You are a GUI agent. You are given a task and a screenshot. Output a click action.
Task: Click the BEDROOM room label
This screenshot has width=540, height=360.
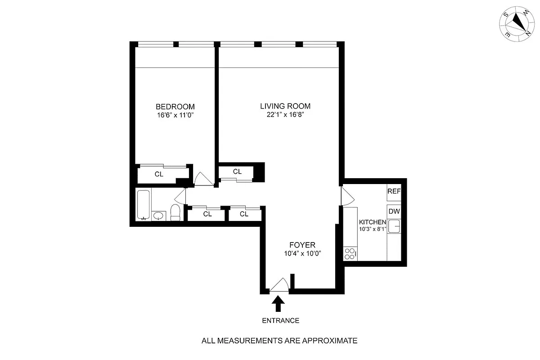[x=175, y=107]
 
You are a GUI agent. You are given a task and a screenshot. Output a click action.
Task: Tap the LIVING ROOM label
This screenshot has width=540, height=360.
[x=285, y=106]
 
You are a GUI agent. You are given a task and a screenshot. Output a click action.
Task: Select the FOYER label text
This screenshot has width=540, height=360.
[x=302, y=245]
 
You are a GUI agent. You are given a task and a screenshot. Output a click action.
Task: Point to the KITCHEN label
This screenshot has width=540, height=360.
[x=372, y=222]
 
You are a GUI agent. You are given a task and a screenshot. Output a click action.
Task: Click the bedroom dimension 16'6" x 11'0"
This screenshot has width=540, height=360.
[x=175, y=115]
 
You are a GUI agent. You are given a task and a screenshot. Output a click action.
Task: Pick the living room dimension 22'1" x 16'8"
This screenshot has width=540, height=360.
[x=285, y=115]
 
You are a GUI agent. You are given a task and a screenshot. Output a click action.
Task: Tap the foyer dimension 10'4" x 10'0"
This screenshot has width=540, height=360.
[x=302, y=253]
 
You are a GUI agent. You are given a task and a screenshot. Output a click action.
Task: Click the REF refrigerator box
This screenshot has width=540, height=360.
[x=394, y=191]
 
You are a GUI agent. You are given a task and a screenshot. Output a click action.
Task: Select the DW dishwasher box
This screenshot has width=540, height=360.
[x=394, y=211]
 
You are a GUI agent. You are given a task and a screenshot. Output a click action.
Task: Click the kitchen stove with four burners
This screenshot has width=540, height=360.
[x=350, y=254]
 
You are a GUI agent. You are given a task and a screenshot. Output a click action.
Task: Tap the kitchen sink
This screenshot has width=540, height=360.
[x=395, y=226]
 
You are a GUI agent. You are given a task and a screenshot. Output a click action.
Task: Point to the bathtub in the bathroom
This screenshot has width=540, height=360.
[x=144, y=205]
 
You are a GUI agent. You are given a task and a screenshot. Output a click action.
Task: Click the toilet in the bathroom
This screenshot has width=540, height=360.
[x=175, y=213]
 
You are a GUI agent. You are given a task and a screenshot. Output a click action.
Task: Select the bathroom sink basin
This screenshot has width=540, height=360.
[x=158, y=216]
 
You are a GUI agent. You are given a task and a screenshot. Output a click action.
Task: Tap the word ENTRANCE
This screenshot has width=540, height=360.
[x=280, y=321]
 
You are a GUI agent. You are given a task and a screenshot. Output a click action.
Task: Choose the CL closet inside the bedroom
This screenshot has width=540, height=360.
[x=159, y=174]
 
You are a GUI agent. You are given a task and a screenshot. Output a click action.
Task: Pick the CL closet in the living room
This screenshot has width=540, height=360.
[x=237, y=172]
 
